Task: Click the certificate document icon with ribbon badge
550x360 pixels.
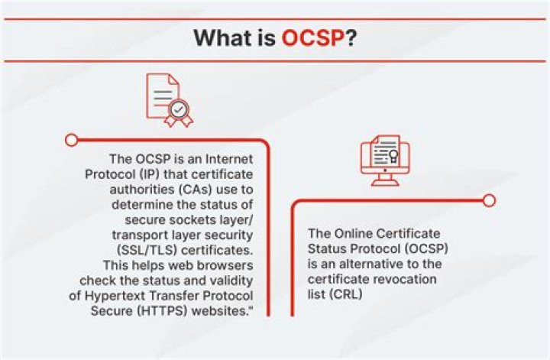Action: click(x=167, y=100)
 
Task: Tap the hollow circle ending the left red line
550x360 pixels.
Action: click(x=71, y=140)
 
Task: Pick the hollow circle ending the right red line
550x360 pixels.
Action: click(x=490, y=200)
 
